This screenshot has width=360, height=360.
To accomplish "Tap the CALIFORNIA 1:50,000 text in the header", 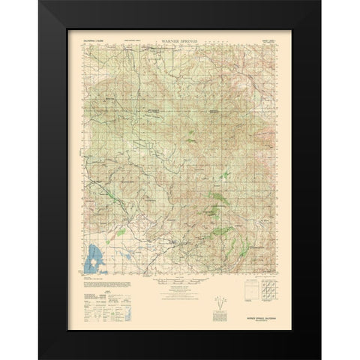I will coord(97,35).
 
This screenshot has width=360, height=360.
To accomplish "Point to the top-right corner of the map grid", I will coord(276,41).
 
